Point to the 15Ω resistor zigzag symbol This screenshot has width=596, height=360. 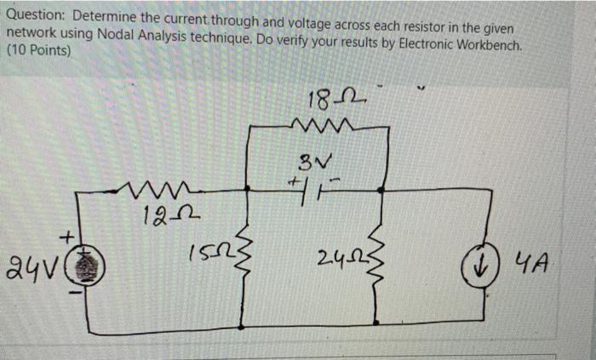(241, 255)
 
